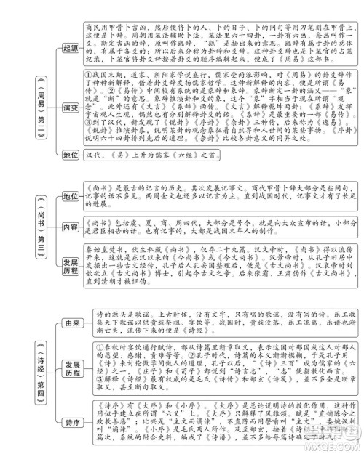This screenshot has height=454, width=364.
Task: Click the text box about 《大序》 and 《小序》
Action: [x=218, y=419]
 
